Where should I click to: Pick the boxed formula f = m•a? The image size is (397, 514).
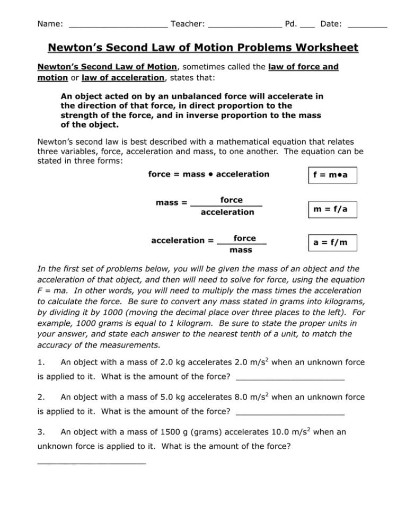click(x=332, y=175)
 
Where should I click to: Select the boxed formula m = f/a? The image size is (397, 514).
click(x=332, y=209)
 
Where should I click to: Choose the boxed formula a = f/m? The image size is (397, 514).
click(x=332, y=243)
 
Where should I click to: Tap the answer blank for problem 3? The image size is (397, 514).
click(x=91, y=462)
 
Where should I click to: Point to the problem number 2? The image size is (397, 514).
click(x=41, y=397)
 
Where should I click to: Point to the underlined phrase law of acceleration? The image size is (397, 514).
click(x=123, y=78)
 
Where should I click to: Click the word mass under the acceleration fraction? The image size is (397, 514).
click(x=241, y=250)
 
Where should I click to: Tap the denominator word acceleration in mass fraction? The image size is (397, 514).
click(x=227, y=212)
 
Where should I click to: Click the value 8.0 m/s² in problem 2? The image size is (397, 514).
click(x=252, y=397)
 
